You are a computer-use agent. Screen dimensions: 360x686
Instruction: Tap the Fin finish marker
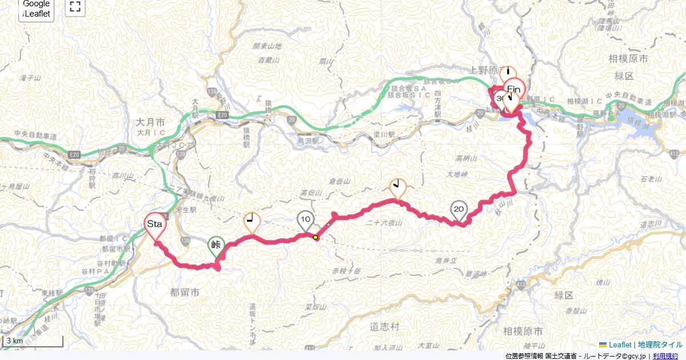[514, 89]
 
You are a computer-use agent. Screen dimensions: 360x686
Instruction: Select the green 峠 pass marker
[216, 246]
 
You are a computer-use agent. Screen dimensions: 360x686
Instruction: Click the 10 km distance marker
[306, 219]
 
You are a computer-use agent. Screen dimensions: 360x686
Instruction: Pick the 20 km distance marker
[458, 210]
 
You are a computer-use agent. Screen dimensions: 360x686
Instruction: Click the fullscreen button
[75, 7]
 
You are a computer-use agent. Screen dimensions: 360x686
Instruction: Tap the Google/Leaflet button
[37, 9]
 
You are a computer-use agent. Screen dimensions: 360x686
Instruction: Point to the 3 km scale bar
[33, 341]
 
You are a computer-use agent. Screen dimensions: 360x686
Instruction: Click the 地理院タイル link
[660, 345]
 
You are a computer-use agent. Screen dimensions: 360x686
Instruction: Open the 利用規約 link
[665, 356]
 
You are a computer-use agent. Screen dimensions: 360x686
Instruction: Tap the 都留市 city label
[185, 292]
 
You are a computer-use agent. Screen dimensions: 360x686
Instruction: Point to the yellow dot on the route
[315, 237]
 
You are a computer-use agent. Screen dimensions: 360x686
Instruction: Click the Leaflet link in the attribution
[620, 345]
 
